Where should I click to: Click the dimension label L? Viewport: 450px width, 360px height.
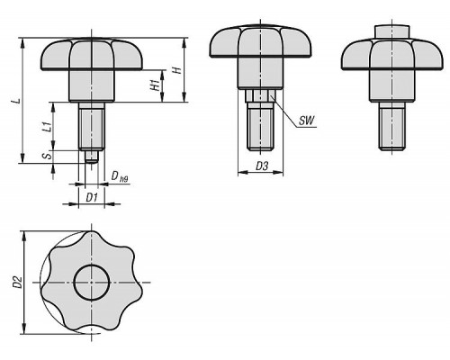pyautogui.click(x=18, y=101)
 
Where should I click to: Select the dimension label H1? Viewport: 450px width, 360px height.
pyautogui.click(x=155, y=85)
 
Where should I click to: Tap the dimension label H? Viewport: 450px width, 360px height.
pyautogui.click(x=178, y=70)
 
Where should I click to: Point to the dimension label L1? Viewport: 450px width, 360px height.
pyautogui.click(x=47, y=126)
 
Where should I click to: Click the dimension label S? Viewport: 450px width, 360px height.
pyautogui.click(x=48, y=156)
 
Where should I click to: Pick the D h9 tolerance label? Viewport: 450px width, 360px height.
pyautogui.click(x=120, y=176)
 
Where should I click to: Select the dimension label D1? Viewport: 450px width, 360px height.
pyautogui.click(x=92, y=198)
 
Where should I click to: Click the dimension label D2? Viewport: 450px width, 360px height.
pyautogui.click(x=18, y=282)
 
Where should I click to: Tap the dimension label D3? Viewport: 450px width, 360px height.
pyautogui.click(x=262, y=166)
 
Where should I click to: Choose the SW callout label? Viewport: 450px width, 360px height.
pyautogui.click(x=306, y=121)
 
